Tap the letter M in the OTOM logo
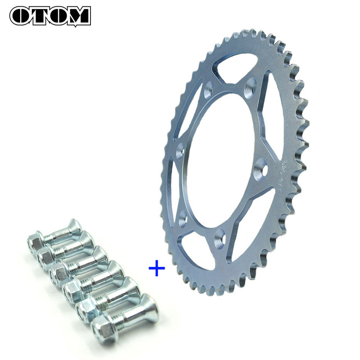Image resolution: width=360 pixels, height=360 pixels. tap(77, 16)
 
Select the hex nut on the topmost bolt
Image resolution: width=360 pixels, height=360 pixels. tap(35, 243)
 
